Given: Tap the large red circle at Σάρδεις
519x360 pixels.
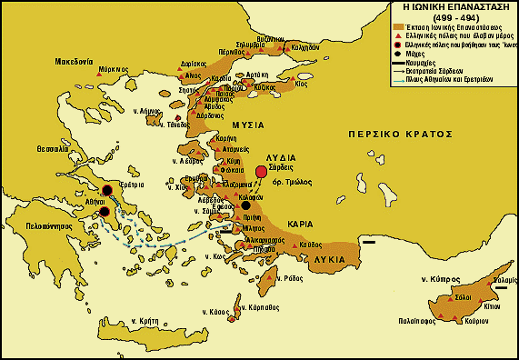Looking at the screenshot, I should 262,171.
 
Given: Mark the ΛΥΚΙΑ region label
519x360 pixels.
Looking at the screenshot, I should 329,259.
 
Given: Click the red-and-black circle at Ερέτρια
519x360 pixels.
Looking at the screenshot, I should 108,190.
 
